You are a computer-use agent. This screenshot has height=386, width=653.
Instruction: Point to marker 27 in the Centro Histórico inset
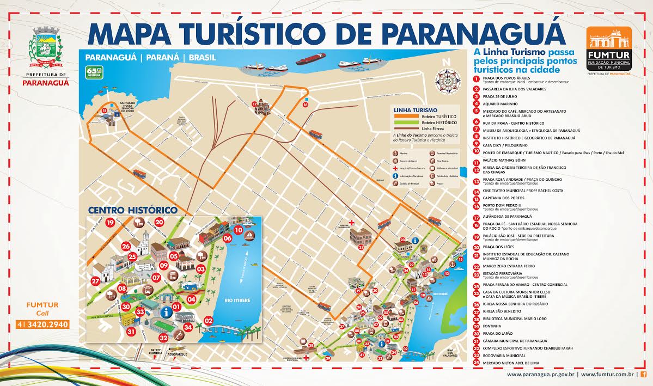(x=96, y=281)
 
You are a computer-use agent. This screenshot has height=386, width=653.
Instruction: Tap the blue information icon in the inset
(x=166, y=312)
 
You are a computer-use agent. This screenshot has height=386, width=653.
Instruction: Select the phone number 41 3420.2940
(x=46, y=325)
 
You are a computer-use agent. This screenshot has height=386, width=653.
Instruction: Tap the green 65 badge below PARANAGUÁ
(x=94, y=72)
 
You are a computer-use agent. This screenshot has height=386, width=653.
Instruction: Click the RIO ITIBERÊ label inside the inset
(x=237, y=299)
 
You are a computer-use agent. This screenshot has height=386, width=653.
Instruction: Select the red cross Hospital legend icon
(x=395, y=169)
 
